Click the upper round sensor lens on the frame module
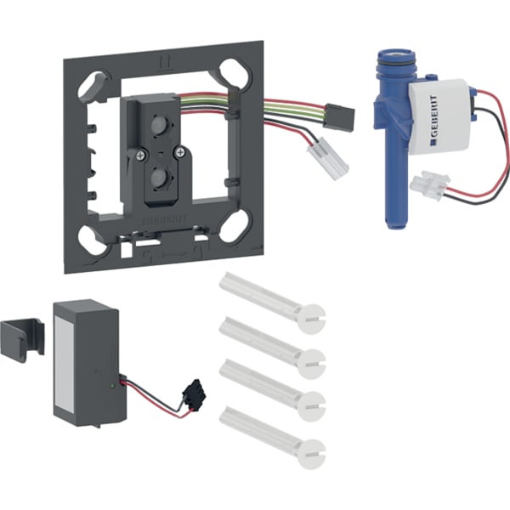tap(157, 127)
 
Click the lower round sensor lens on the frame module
tap(157, 178)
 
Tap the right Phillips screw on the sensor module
tap(178, 151)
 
